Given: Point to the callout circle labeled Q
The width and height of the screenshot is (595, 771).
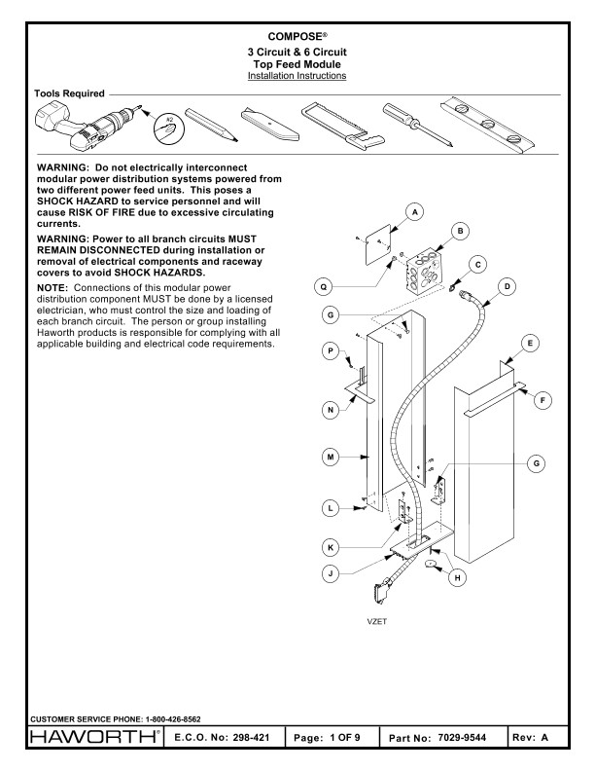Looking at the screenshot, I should [x=328, y=286].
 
